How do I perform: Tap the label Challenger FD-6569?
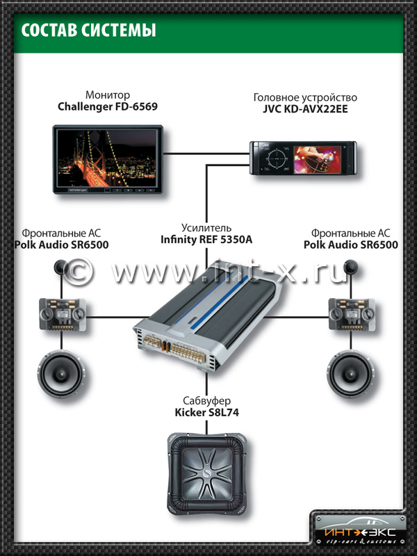coord(107,107)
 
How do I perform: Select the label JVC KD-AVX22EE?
coord(305,110)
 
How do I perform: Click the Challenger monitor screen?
coord(107,156)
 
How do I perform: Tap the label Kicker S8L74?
coord(206,413)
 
